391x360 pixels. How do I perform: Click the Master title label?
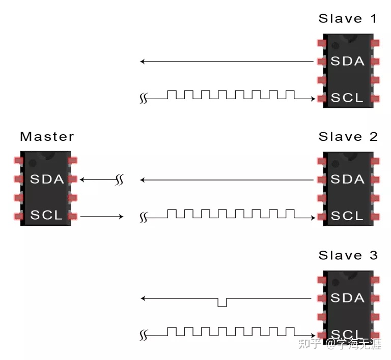[47, 137]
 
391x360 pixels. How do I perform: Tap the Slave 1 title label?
[348, 19]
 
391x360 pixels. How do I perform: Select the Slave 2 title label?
[348, 137]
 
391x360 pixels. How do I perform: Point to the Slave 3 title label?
[348, 255]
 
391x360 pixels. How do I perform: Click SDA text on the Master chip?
[47, 179]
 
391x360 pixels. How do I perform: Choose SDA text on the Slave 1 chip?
[348, 61]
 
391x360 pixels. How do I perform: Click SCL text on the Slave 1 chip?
[348, 98]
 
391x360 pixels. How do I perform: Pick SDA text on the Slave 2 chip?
[348, 179]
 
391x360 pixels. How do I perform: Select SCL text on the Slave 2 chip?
[348, 216]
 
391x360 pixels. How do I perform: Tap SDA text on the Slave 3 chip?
[348, 297]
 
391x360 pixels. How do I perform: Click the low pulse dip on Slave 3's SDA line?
[222, 303]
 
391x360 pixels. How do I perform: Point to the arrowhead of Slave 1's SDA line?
[143, 62]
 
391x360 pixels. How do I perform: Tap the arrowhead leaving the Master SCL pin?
[121, 217]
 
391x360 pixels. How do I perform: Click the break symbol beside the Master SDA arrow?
[120, 179]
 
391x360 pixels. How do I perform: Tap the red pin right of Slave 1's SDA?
[376, 62]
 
